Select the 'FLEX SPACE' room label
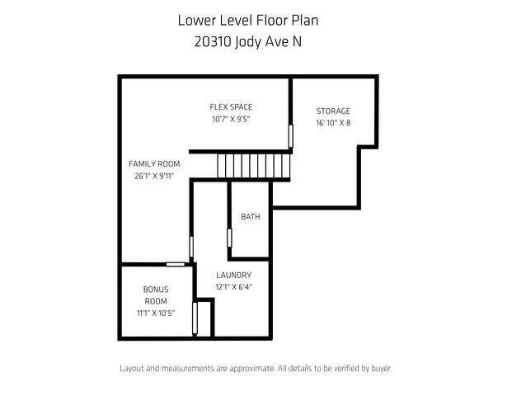[x=231, y=106]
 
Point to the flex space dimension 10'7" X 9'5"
[x=231, y=119]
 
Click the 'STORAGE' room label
[x=333, y=111]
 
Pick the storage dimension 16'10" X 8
[x=333, y=123]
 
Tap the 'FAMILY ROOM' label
[x=154, y=163]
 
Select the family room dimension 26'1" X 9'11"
[x=154, y=176]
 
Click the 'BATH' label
[x=251, y=217]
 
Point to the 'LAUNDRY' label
[x=234, y=275]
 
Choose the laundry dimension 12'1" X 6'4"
[x=234, y=287]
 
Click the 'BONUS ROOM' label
[x=156, y=295]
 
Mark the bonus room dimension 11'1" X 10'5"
[x=156, y=313]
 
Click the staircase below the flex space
[x=255, y=166]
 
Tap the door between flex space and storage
[x=290, y=135]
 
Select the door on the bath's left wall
[x=229, y=237]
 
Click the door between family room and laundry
[x=192, y=247]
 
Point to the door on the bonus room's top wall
[x=175, y=264]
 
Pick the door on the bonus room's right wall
[x=195, y=318]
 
